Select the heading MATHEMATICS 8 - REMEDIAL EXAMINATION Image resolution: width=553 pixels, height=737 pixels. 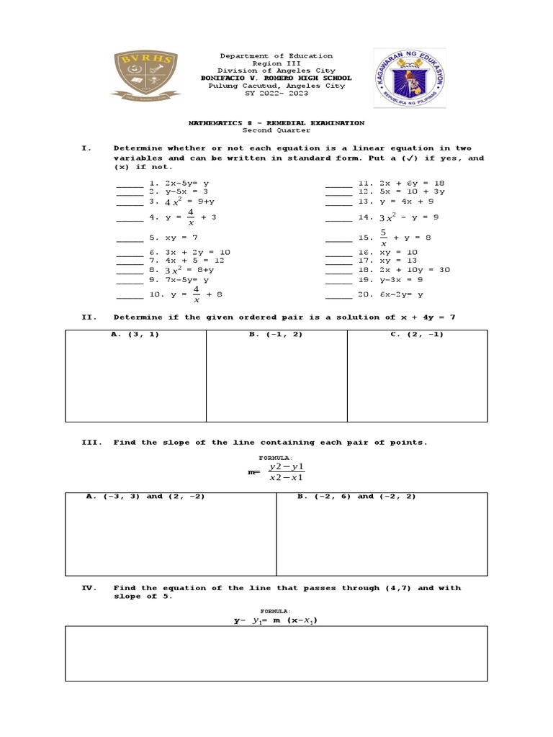pos(276,123)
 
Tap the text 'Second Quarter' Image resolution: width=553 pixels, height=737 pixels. pos(276,131)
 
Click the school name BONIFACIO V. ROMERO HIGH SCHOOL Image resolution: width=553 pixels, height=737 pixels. pos(276,78)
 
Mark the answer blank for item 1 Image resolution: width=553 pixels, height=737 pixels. pos(130,185)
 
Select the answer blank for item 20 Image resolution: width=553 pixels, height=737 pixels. pos(338,295)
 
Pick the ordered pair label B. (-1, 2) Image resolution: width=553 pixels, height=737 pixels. pos(276,335)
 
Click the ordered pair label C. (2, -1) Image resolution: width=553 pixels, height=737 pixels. pos(417,335)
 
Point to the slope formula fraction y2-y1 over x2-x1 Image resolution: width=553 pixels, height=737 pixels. pos(286,473)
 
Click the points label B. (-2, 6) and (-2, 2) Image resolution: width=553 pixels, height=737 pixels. pos(356,497)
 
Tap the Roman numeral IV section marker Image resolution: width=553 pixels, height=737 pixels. pos(89,588)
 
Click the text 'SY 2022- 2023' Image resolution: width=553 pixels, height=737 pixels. pos(276,94)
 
